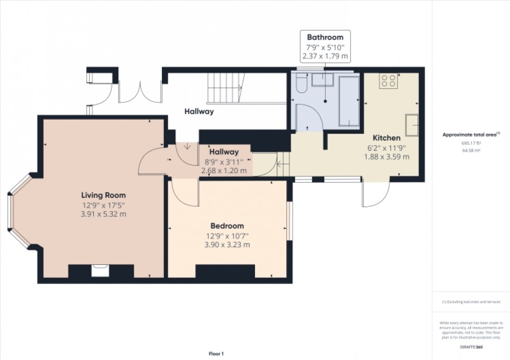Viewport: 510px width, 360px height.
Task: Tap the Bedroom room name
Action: [227, 226]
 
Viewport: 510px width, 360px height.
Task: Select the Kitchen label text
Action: [386, 138]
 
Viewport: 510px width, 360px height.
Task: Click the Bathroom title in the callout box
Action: [325, 37]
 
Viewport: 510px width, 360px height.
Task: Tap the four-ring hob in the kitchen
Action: [388, 80]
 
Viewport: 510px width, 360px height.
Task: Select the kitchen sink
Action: [412, 121]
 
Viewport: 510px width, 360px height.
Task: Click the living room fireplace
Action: [99, 270]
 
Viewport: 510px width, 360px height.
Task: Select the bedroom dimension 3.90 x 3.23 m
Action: [227, 245]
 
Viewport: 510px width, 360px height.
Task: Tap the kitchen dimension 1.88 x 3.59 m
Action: [386, 157]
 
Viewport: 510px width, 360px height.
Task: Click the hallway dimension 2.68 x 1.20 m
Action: [224, 170]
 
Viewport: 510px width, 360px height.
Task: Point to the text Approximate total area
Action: [470, 134]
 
